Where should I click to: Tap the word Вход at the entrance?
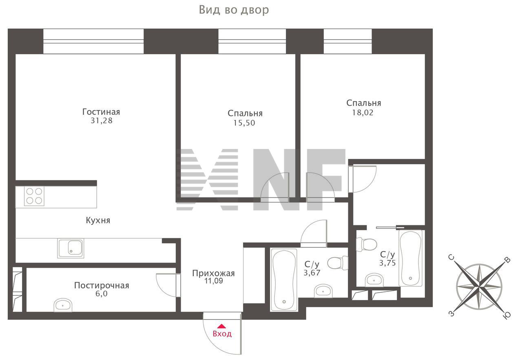(x=222, y=334)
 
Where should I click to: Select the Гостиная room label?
(x=101, y=112)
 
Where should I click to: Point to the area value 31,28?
(x=102, y=121)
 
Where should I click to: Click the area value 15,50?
(x=244, y=123)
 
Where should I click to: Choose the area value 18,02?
(x=363, y=113)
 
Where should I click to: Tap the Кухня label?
(x=98, y=220)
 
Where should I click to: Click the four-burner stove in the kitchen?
(x=34, y=196)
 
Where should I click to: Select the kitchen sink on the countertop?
(x=71, y=248)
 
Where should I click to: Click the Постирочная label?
(x=102, y=285)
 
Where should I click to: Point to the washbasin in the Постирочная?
(x=63, y=305)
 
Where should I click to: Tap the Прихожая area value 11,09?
(x=214, y=281)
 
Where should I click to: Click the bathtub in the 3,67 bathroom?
(x=284, y=280)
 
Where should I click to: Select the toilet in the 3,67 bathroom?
(x=338, y=263)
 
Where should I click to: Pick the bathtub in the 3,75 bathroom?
(x=410, y=258)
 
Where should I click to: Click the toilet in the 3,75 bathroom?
(x=367, y=244)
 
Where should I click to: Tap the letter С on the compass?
(x=451, y=258)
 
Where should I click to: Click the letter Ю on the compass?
(x=507, y=316)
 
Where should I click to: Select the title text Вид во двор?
(x=234, y=10)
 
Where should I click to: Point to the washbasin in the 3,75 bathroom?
(x=374, y=280)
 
